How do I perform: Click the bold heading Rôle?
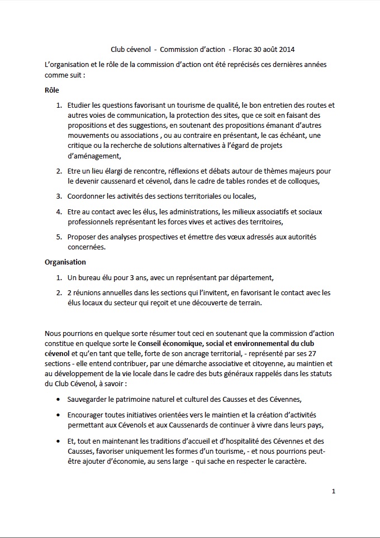click(x=52, y=90)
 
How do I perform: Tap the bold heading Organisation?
click(x=65, y=261)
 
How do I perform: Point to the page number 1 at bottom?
click(x=333, y=492)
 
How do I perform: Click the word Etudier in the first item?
click(x=80, y=105)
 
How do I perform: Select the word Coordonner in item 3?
click(x=87, y=196)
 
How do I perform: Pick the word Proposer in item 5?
click(x=83, y=237)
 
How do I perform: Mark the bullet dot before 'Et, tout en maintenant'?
click(x=59, y=441)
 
